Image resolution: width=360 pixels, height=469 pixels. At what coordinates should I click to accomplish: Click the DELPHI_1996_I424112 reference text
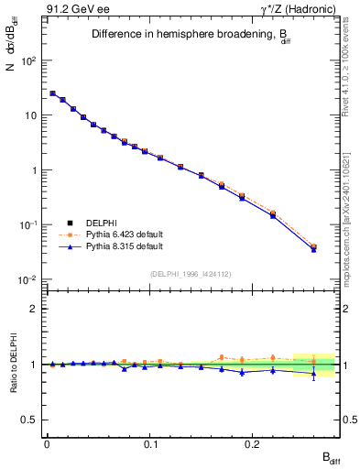coord(190,274)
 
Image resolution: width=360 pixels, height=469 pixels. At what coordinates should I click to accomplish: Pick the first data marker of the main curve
coord(52,93)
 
